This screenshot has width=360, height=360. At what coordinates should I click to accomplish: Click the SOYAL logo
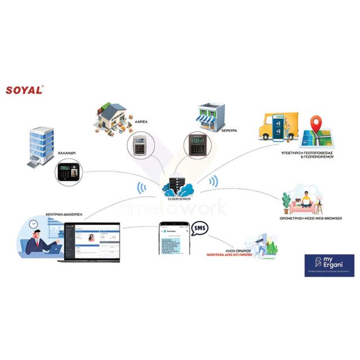coord(25,90)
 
